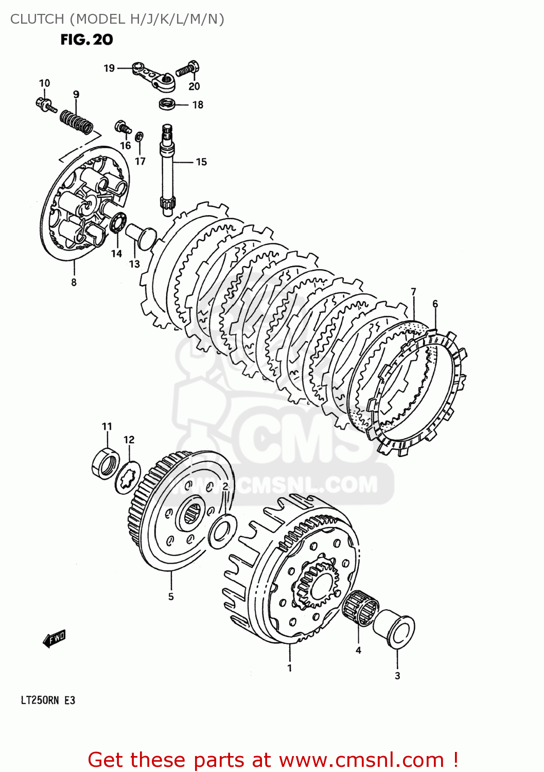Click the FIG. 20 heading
[86, 40]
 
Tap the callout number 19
[109, 68]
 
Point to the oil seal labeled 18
[166, 104]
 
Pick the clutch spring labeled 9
[76, 121]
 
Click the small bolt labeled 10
[45, 104]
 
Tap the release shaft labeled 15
[168, 170]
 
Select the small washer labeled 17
[139, 137]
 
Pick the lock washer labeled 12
[128, 478]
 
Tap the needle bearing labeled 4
[360, 608]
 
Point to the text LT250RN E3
[48, 700]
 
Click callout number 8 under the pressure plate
[74, 282]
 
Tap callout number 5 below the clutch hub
[171, 596]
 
